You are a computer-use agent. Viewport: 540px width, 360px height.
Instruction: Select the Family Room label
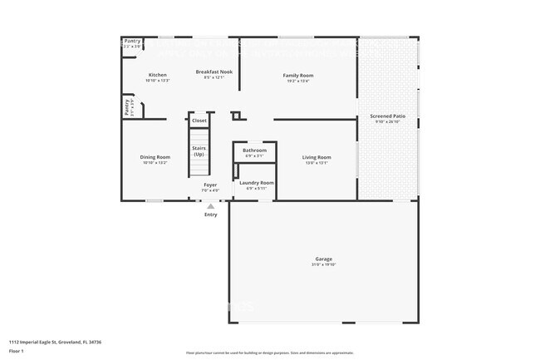tap(298, 76)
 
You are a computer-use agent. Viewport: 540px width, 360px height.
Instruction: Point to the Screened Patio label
tap(387, 116)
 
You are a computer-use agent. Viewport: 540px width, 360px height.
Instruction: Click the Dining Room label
tap(155, 157)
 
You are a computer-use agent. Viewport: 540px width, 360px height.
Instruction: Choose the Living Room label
tap(317, 157)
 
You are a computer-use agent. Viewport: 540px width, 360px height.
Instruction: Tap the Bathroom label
tap(254, 150)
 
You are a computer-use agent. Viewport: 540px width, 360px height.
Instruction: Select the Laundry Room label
tap(256, 182)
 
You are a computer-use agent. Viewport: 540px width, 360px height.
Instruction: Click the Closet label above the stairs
tap(199, 121)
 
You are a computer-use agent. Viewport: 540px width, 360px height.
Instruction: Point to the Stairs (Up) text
tap(199, 151)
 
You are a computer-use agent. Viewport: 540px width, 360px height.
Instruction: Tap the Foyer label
tap(210, 185)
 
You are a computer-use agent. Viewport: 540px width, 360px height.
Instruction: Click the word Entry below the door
tap(211, 215)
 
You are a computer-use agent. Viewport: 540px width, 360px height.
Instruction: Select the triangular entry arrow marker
tap(211, 205)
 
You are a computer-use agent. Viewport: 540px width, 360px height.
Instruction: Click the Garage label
tap(324, 259)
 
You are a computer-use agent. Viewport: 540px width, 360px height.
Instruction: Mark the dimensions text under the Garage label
tap(324, 265)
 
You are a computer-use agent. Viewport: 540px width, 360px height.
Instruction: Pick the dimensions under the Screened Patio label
tap(387, 122)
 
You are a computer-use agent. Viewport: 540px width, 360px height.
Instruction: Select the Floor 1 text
tap(17, 349)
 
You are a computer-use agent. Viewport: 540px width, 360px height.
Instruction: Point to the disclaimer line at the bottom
tap(269, 353)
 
